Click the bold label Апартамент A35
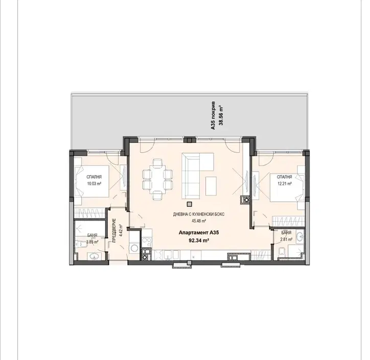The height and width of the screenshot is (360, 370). click(x=199, y=232)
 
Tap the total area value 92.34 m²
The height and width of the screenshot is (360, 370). click(x=198, y=241)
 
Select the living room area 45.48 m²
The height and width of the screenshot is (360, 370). click(x=199, y=221)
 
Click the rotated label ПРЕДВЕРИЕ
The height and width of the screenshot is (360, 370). click(x=114, y=230)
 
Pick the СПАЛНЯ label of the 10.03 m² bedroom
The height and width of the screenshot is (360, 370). click(x=94, y=177)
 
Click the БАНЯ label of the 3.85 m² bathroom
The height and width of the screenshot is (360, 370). click(x=92, y=235)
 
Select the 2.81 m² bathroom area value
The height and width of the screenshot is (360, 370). click(x=286, y=239)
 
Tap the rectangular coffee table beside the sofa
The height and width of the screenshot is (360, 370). click(x=211, y=186)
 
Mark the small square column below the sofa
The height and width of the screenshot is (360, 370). click(x=189, y=204)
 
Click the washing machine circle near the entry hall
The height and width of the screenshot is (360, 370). click(x=134, y=248)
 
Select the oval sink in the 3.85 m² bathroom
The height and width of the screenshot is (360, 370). click(x=95, y=256)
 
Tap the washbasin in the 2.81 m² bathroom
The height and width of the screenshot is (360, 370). click(x=300, y=236)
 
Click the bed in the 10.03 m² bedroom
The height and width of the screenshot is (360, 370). click(x=92, y=181)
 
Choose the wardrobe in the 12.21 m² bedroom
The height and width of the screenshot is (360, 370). click(x=288, y=222)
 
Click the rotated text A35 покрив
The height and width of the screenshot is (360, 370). click(x=213, y=115)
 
